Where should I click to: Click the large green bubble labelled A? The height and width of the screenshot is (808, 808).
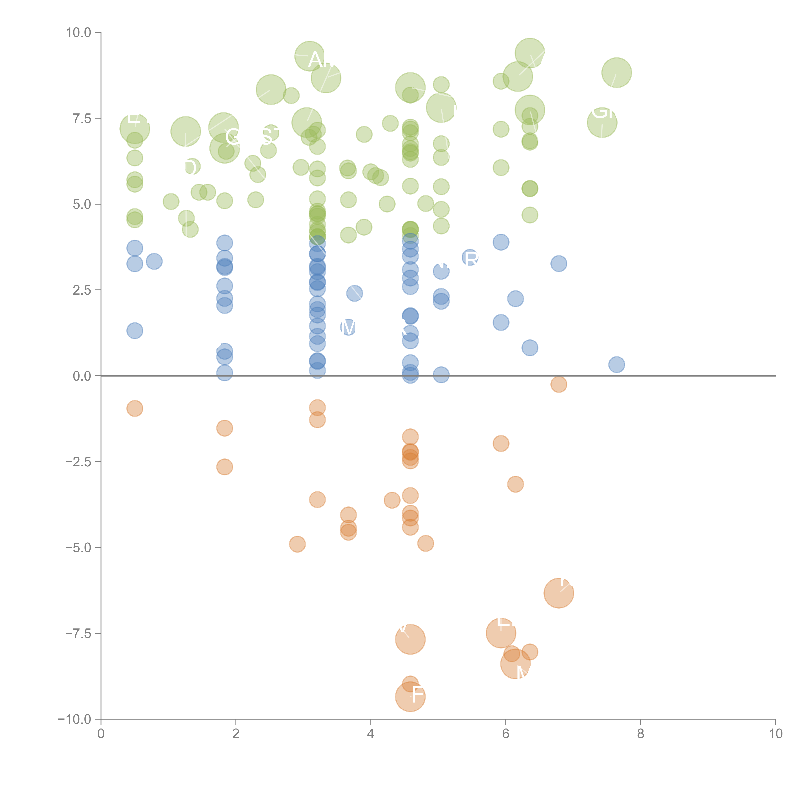[309, 56]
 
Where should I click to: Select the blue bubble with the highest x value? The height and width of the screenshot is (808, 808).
[617, 365]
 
